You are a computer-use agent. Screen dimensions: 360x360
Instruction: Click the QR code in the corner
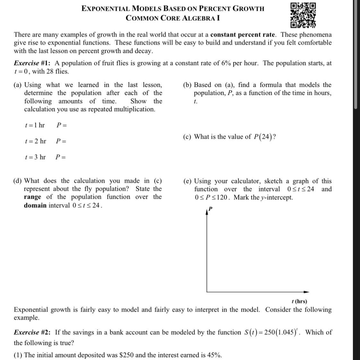303,15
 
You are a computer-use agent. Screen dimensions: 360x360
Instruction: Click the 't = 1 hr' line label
35,125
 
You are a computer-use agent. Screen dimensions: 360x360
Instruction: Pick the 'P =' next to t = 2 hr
61,141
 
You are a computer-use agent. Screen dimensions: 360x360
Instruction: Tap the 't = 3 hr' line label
35,157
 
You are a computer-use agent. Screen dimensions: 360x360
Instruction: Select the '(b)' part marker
187,85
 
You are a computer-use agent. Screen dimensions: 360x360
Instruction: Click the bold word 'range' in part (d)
32,197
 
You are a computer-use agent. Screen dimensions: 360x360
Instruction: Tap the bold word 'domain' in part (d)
35,205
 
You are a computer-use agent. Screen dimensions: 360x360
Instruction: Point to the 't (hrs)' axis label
299,301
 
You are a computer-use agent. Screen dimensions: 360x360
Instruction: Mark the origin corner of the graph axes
207,292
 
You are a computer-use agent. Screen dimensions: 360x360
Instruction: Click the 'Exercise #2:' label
32,332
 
